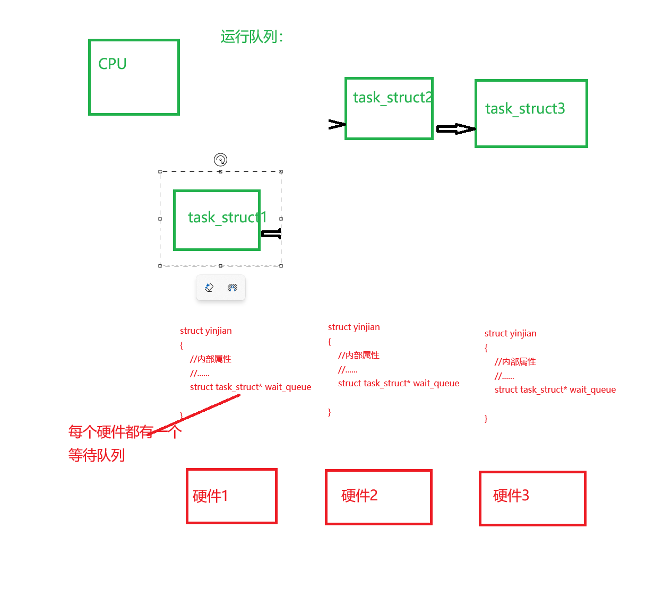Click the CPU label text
[112, 64]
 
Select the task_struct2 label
[393, 98]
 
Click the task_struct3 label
[525, 109]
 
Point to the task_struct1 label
[227, 218]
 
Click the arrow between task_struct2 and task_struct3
[455, 129]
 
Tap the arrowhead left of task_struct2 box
[337, 124]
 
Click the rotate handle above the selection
[220, 159]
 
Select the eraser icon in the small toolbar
[209, 287]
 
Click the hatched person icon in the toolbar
[232, 287]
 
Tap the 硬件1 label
[210, 496]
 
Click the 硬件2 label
[359, 495]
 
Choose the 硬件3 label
[511, 495]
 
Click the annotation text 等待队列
[96, 455]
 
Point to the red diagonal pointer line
[194, 414]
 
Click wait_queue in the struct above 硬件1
[288, 387]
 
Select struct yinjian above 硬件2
[354, 327]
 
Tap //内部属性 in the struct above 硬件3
[515, 362]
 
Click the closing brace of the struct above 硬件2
[329, 412]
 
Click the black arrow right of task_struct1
[271, 233]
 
